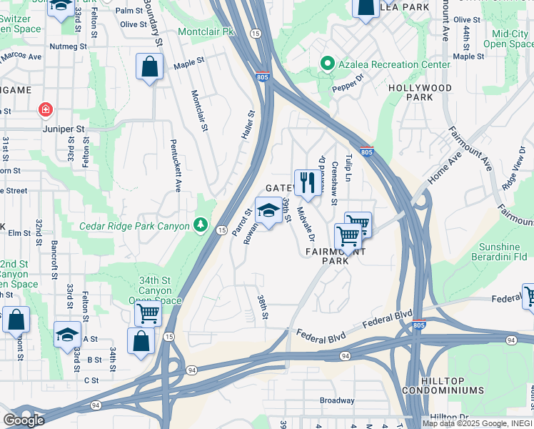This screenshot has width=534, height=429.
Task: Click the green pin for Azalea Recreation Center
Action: (328, 64)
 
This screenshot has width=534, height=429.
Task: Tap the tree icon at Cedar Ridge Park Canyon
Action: (201, 226)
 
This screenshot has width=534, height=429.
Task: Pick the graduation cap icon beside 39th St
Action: (268, 211)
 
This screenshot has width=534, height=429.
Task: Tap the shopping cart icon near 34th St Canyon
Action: (147, 312)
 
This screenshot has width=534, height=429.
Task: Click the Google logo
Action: (24, 420)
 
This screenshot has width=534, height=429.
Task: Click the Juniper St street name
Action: (65, 129)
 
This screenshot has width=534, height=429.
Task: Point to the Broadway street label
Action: (336, 400)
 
